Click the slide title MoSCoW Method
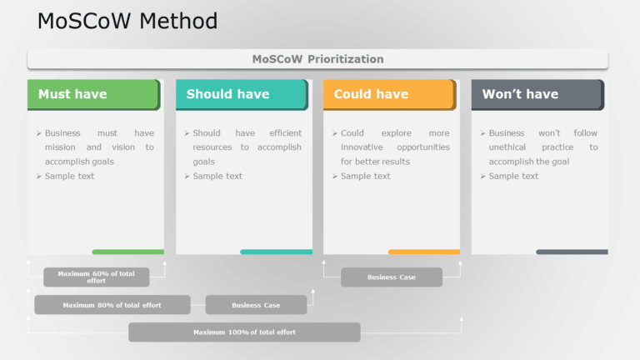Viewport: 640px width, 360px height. pyautogui.click(x=127, y=21)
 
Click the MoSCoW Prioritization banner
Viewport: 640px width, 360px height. pyautogui.click(x=317, y=59)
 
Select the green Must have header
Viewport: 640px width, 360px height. pyautogui.click(x=92, y=94)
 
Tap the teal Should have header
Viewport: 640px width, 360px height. pyautogui.click(x=241, y=94)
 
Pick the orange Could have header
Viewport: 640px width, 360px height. pyautogui.click(x=388, y=94)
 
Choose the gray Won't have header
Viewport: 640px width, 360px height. pyautogui.click(x=537, y=94)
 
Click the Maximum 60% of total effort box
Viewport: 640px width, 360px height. pyautogui.click(x=96, y=277)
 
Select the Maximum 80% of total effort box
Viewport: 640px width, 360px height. pyautogui.click(x=112, y=305)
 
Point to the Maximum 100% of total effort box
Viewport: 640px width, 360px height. pyautogui.click(x=244, y=332)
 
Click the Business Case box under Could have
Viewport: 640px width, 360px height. pyautogui.click(x=391, y=277)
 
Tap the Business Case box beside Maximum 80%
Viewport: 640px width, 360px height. pyautogui.click(x=256, y=305)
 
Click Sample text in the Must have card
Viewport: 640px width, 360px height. pyautogui.click(x=69, y=176)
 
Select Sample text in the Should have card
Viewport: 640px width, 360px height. pyautogui.click(x=217, y=176)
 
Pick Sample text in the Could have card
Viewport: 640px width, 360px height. pyautogui.click(x=365, y=176)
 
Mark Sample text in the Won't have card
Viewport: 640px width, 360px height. pyautogui.click(x=513, y=176)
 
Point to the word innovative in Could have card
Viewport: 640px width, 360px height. pyautogui.click(x=362, y=147)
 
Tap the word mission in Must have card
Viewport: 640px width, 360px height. pyautogui.click(x=60, y=147)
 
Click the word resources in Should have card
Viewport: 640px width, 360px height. pyautogui.click(x=212, y=147)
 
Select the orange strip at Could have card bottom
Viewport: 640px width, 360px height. pyautogui.click(x=423, y=252)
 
